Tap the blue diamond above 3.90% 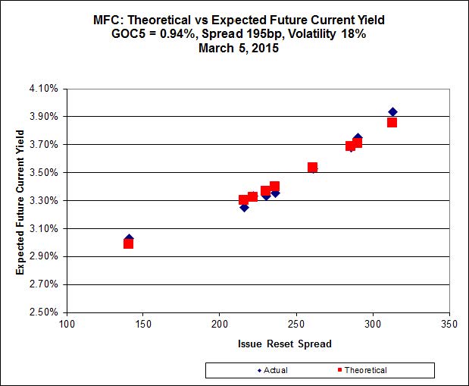tap(392, 112)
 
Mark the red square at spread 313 tap(392, 122)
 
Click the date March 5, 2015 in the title tap(234, 49)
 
